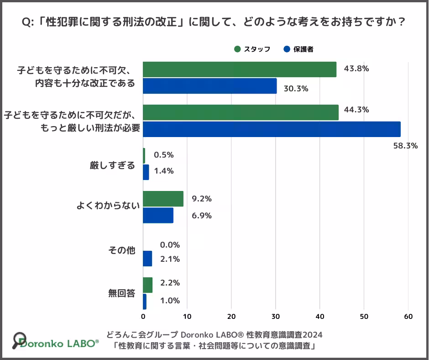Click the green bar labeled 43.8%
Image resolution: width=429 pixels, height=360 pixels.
click(x=240, y=69)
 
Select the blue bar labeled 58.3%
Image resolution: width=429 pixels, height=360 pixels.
click(x=272, y=129)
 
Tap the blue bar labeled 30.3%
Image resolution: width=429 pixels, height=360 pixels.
click(x=210, y=86)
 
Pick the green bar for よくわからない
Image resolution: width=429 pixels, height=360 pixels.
click(x=163, y=199)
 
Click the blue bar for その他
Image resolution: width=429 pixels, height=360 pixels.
click(x=147, y=259)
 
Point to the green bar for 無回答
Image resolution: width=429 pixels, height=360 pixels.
click(x=147, y=285)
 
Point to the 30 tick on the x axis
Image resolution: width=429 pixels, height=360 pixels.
click(x=276, y=317)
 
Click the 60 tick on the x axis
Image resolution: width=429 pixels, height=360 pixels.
click(x=408, y=317)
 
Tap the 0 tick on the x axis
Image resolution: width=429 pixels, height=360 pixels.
click(x=143, y=317)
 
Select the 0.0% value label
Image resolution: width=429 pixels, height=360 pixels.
click(x=170, y=244)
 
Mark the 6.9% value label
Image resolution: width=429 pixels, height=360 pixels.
click(x=202, y=216)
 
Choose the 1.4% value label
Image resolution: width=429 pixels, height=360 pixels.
click(x=164, y=171)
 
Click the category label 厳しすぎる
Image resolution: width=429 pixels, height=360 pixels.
click(x=113, y=165)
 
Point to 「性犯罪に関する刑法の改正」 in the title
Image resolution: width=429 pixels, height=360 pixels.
click(x=115, y=22)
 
